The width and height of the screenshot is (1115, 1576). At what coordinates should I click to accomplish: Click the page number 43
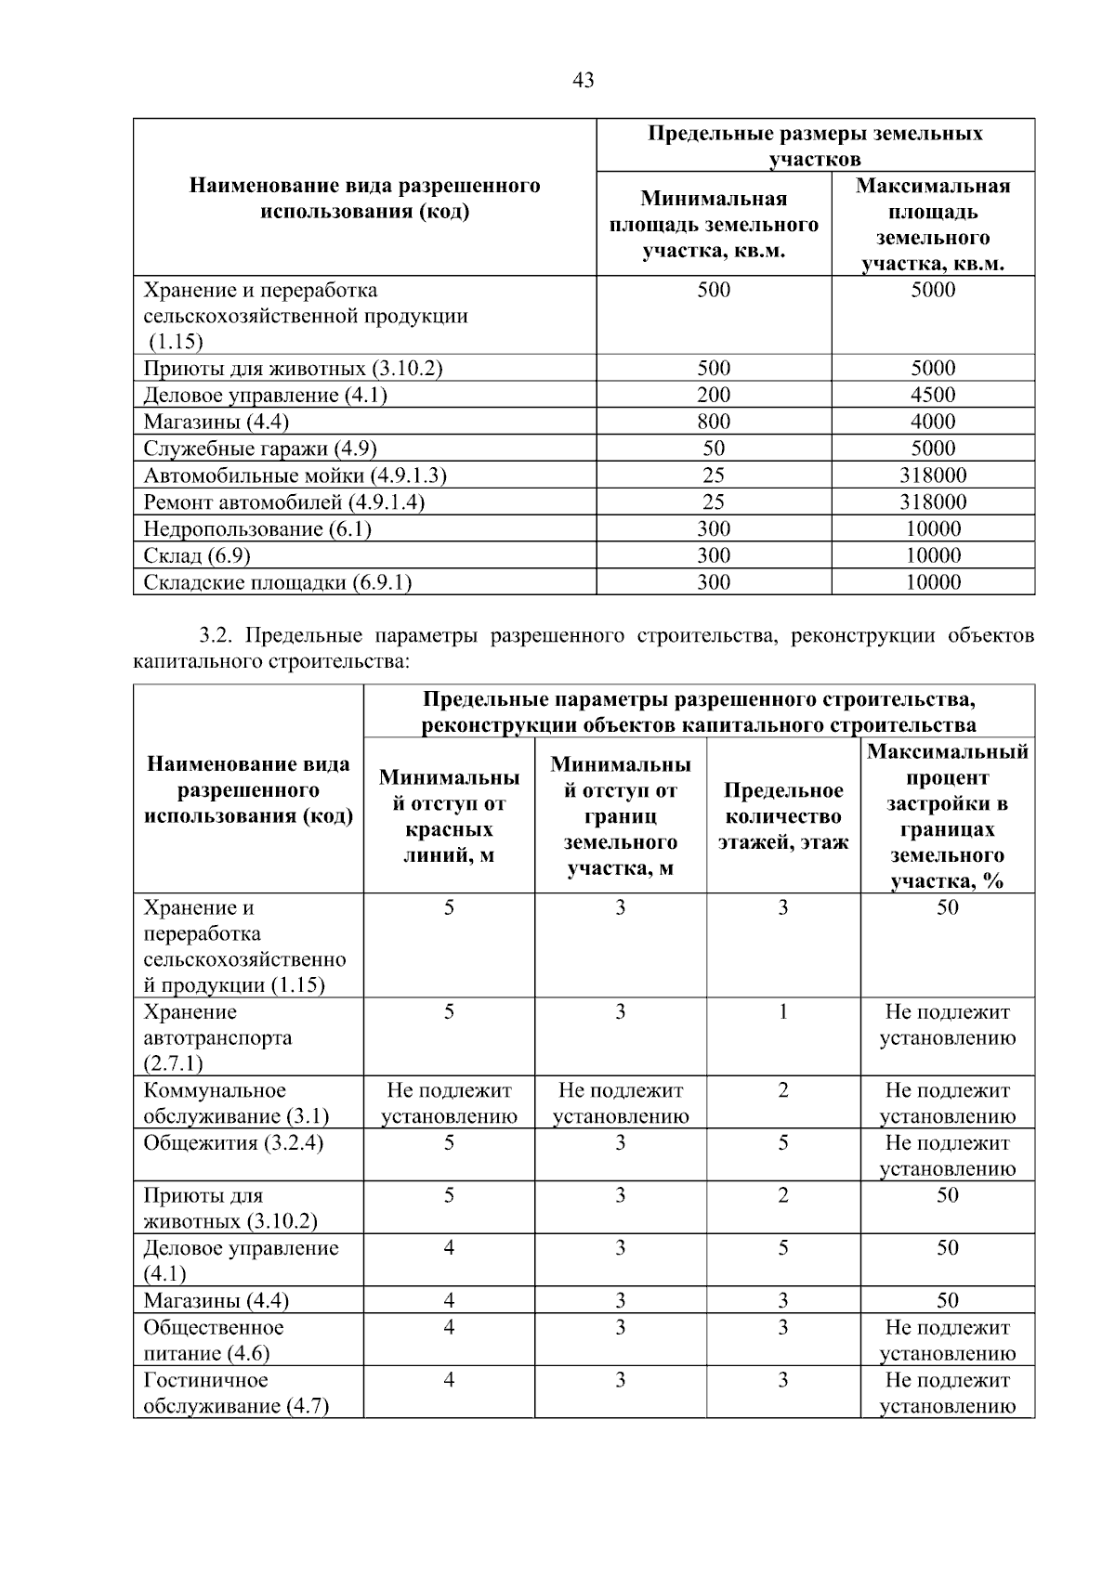(x=584, y=80)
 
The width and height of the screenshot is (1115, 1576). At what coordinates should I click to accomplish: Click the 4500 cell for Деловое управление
(x=932, y=395)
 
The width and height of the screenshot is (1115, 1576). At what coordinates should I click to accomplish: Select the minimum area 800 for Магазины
(x=713, y=422)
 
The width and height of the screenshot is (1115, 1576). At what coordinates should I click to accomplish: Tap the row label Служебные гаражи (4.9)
(x=259, y=449)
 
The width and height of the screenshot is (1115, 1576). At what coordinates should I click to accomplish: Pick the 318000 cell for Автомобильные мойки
(x=932, y=475)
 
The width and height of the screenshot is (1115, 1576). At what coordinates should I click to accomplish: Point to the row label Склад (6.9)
(x=197, y=556)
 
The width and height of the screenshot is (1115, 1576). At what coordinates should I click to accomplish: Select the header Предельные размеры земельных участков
(x=815, y=146)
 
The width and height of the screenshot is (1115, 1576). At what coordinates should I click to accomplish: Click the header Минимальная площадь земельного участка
(x=713, y=225)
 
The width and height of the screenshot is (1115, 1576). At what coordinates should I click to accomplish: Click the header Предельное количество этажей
(x=782, y=816)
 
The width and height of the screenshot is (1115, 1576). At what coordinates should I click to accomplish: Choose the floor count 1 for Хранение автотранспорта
(x=782, y=1012)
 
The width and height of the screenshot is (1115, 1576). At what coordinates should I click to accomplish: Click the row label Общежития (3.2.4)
(x=233, y=1143)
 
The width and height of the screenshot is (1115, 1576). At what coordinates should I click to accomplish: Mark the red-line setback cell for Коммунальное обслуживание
(x=449, y=1103)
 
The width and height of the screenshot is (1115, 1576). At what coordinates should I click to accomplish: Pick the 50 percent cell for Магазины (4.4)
(x=947, y=1300)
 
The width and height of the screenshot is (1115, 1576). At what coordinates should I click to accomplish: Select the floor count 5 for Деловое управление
(x=782, y=1248)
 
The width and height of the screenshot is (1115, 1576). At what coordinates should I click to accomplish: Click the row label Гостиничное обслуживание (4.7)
(x=236, y=1393)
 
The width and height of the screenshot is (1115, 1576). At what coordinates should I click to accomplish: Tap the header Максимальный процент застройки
(x=947, y=816)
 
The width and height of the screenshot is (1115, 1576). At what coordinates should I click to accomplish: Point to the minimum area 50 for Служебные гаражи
(x=713, y=449)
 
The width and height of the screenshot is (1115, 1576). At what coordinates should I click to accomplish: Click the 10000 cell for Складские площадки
(x=932, y=583)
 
